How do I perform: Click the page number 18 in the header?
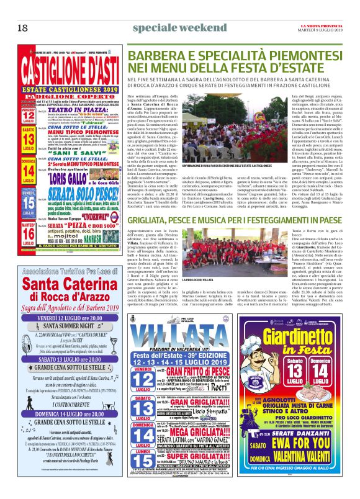(x=22, y=28)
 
